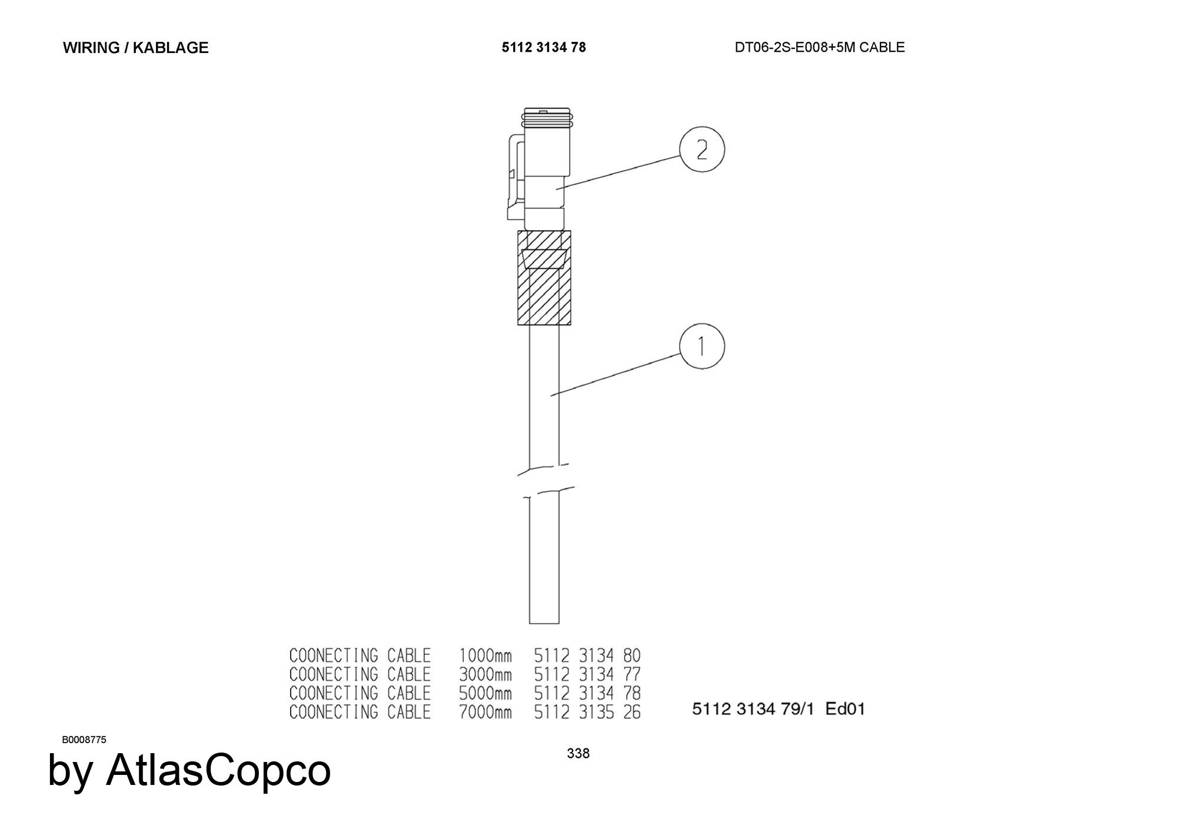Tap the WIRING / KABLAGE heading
[135, 48]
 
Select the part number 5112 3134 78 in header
[544, 47]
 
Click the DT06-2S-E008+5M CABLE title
[819, 47]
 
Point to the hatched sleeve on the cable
[544, 278]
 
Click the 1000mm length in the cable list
[485, 655]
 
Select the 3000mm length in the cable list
[485, 674]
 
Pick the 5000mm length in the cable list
[485, 693]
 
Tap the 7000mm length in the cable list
[485, 712]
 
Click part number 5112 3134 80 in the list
[587, 655]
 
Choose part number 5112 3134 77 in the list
[587, 674]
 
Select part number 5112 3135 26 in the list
[587, 712]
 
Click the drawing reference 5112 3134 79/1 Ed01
[779, 709]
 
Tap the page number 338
[578, 753]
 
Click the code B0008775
[84, 740]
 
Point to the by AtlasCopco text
[189, 771]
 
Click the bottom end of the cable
[544, 623]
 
